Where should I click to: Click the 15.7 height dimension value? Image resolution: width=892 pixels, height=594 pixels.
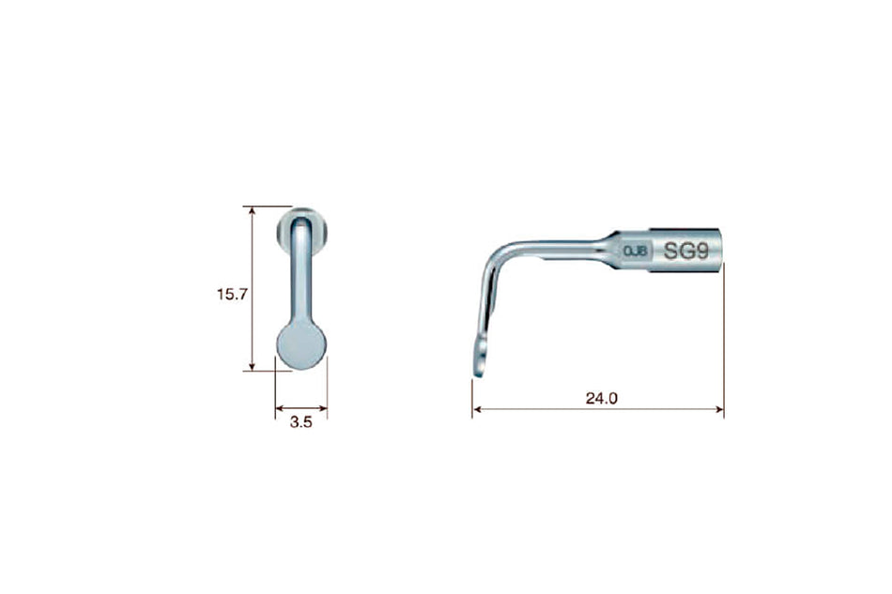(231, 295)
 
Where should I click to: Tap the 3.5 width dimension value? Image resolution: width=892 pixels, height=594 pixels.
(300, 423)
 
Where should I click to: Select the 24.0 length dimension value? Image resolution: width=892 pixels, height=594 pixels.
(601, 398)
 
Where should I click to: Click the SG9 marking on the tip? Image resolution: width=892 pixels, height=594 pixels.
(685, 251)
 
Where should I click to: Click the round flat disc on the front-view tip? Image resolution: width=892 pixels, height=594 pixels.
(301, 344)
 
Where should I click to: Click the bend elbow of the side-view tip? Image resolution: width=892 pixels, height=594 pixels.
(496, 254)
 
